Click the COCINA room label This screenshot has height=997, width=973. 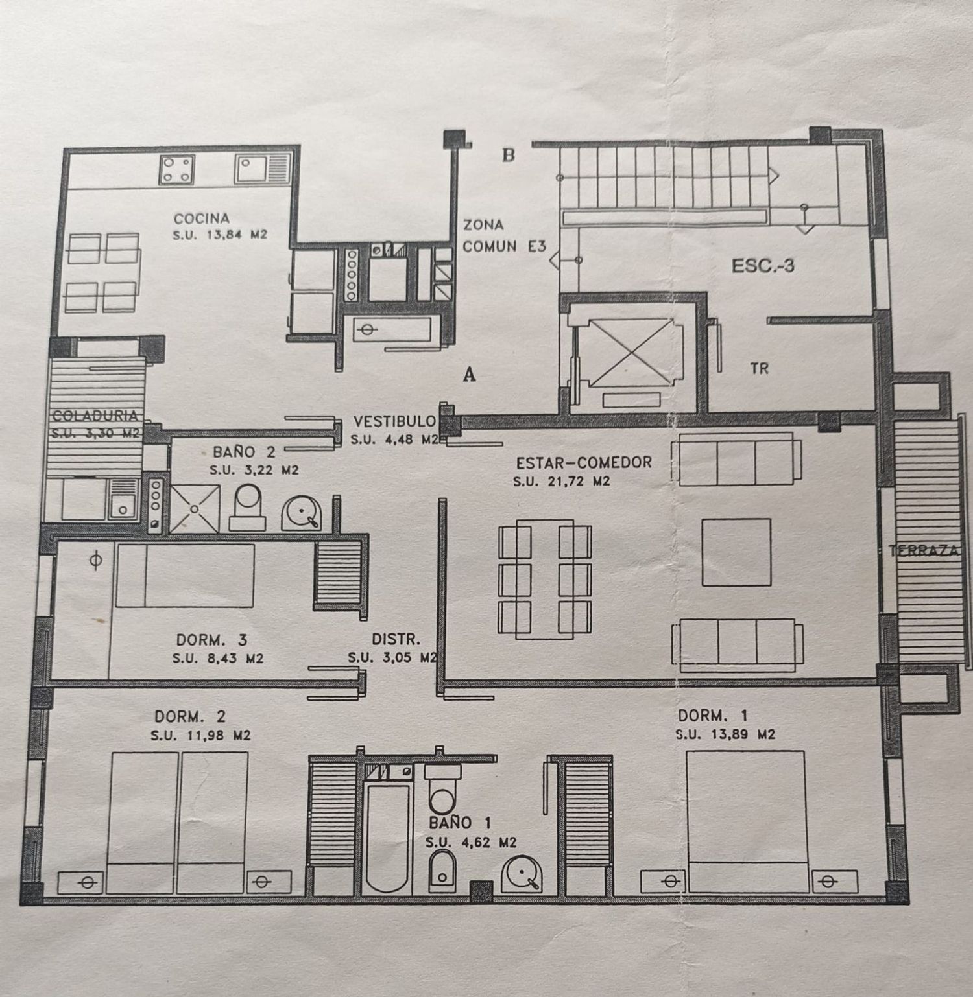[201, 218]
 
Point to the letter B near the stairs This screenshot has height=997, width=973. [509, 156]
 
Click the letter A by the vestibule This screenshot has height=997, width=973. [470, 374]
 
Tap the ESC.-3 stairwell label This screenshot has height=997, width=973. [763, 266]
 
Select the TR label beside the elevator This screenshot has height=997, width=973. [759, 368]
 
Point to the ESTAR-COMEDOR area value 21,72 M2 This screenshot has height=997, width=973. [562, 482]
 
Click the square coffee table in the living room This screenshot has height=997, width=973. [736, 552]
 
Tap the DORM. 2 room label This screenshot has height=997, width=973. [190, 716]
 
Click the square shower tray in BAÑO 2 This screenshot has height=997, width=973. [195, 508]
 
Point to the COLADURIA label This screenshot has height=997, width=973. [95, 416]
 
